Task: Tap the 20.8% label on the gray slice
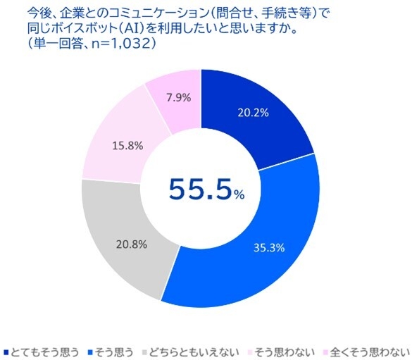point(131,245)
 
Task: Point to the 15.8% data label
point(127,146)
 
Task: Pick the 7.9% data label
point(174,98)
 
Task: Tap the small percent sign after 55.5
point(239,195)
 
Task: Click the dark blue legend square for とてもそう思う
point(6,351)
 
